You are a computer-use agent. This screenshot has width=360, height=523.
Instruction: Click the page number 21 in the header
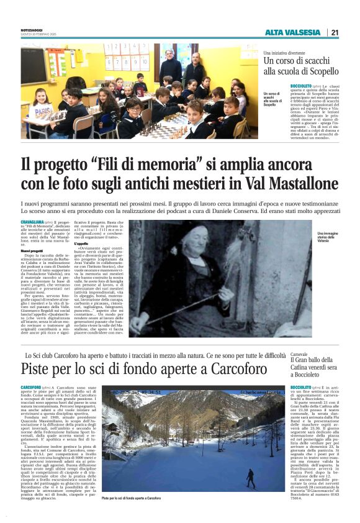(335, 32)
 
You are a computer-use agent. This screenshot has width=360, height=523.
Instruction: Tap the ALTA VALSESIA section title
(292, 32)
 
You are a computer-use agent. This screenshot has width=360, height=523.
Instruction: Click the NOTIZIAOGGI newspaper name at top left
(34, 29)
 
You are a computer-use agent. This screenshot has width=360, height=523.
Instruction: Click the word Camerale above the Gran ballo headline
(299, 353)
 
